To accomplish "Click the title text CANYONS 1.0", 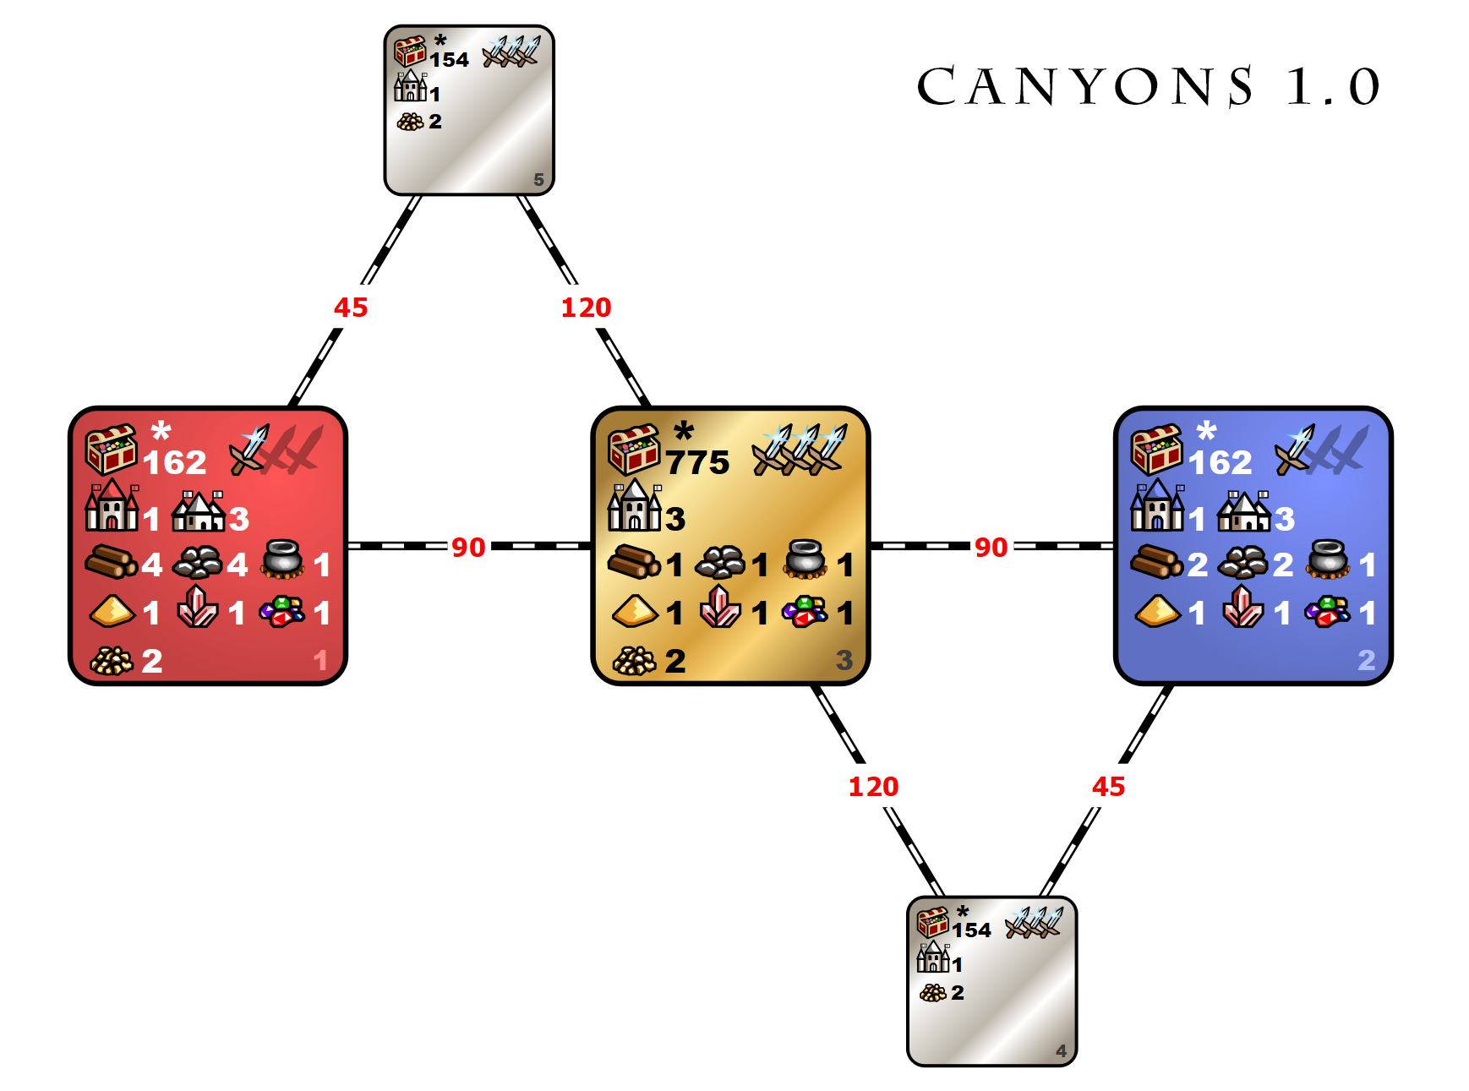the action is coord(1149,86).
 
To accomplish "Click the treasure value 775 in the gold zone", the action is coord(697,462).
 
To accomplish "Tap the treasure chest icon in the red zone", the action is coord(111,449).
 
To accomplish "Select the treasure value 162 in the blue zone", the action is coord(1220,462).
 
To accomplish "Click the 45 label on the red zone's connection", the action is coord(351,307).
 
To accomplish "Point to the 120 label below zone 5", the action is coord(586,307).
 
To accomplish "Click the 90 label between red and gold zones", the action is coord(468,547).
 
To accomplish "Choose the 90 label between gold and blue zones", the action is coord(991,547).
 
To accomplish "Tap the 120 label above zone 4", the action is coord(873,786).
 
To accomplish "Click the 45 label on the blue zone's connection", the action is coord(1108,786).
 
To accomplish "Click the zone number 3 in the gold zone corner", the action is coord(844,660).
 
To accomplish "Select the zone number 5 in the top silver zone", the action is coord(538,180).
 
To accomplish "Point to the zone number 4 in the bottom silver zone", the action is coord(1061,1050).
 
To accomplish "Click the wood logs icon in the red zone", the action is coord(111,561).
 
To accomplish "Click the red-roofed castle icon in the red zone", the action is coord(112,505).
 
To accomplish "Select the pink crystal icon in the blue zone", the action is coord(1242,606).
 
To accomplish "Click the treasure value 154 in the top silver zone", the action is coord(449,60).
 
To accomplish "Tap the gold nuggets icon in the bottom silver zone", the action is coord(933,993).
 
